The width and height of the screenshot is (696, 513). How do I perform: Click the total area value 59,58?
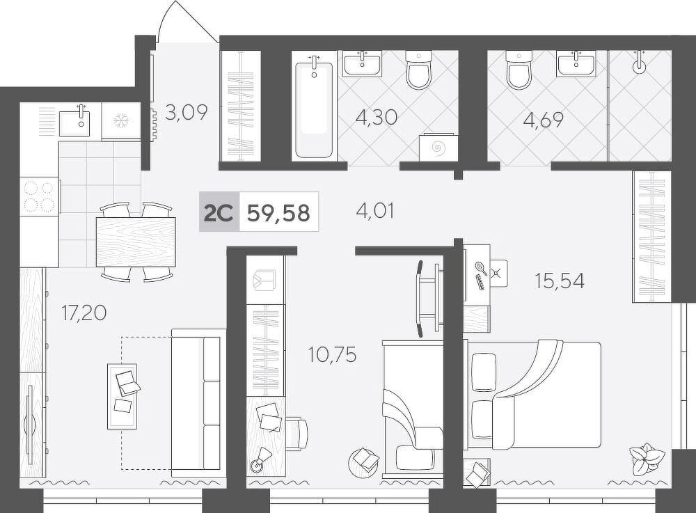click(278, 212)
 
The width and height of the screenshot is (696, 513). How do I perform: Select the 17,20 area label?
click(84, 313)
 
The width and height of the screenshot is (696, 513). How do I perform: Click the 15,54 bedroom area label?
click(560, 281)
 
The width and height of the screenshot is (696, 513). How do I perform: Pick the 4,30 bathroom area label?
click(377, 118)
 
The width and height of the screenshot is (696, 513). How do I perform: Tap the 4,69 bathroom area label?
click(544, 119)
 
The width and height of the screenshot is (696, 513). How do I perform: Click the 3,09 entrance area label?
click(187, 112)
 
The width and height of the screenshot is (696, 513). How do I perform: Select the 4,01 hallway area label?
click(375, 210)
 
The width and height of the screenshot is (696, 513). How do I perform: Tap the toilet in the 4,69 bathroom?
click(518, 69)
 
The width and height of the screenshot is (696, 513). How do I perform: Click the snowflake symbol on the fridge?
click(120, 120)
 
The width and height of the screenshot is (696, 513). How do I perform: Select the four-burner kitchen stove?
click(40, 196)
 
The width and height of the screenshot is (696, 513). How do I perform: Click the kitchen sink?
click(74, 121)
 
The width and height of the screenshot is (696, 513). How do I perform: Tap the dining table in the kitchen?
click(136, 242)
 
